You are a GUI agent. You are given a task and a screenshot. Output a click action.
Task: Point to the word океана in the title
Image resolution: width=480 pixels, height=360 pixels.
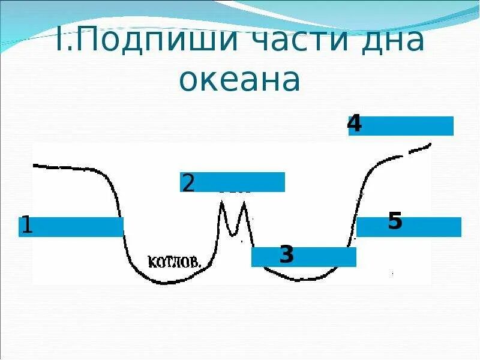coord(240,80)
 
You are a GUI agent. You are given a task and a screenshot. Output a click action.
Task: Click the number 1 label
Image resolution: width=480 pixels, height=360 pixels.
coord(26,226)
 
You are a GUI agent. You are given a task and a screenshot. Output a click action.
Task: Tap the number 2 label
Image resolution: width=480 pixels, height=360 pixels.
coord(188,182)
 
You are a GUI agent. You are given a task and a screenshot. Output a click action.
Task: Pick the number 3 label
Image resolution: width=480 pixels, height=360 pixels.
coord(287,256)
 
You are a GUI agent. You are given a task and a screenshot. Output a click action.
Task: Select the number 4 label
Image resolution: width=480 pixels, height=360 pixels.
coord(355,124)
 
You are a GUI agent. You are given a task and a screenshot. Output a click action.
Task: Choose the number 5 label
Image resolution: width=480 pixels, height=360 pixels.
coord(395,221)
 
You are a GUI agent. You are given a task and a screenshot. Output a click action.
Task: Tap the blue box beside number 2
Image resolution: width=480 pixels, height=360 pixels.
coord(240,182)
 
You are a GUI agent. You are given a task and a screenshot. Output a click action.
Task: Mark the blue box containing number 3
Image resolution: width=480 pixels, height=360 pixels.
coord(324,257)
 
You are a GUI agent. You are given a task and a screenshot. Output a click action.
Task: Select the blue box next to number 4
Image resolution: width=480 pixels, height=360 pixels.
coord(408,126)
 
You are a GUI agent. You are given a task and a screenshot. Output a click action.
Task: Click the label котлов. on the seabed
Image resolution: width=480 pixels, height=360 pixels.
coord(174,262)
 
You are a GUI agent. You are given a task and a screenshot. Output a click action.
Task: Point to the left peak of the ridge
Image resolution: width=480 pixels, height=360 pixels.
coord(223,204)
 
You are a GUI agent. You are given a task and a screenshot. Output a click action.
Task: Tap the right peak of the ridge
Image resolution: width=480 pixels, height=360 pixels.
coord(244,204)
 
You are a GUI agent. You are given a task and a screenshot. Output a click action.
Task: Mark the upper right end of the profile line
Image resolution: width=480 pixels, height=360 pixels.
coord(430,144)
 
